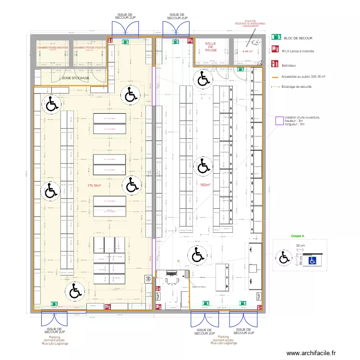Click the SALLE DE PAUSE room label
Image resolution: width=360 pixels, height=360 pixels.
tap(210, 47)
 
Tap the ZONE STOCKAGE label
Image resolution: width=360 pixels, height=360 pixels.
tap(75, 78)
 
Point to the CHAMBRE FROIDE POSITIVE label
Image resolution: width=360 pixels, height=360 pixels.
tap(90, 48)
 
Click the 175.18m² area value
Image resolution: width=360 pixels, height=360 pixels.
tap(94, 185)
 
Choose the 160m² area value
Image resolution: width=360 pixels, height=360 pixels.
tap(206, 185)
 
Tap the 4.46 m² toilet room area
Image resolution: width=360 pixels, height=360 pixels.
tap(248, 51)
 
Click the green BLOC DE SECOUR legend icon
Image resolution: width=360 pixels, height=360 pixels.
tap(276, 36)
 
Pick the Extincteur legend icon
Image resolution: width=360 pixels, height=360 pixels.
tap(276, 63)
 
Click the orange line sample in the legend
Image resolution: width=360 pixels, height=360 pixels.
tap(276, 76)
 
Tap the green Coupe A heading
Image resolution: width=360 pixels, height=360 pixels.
tap(298, 236)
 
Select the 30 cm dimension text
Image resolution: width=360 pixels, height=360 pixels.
tap(300, 246)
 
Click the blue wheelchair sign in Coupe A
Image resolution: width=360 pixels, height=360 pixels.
tap(312, 261)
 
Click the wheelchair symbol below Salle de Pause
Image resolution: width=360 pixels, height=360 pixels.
tap(202, 79)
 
